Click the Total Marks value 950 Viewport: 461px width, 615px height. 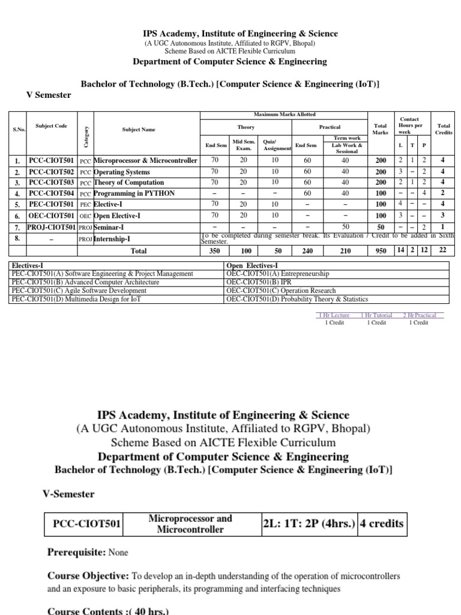point(381,252)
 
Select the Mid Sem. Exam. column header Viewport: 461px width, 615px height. point(244,145)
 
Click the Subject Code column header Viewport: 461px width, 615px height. point(51,126)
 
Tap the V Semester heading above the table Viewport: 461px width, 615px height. point(49,95)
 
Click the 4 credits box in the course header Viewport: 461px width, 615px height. point(382,524)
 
